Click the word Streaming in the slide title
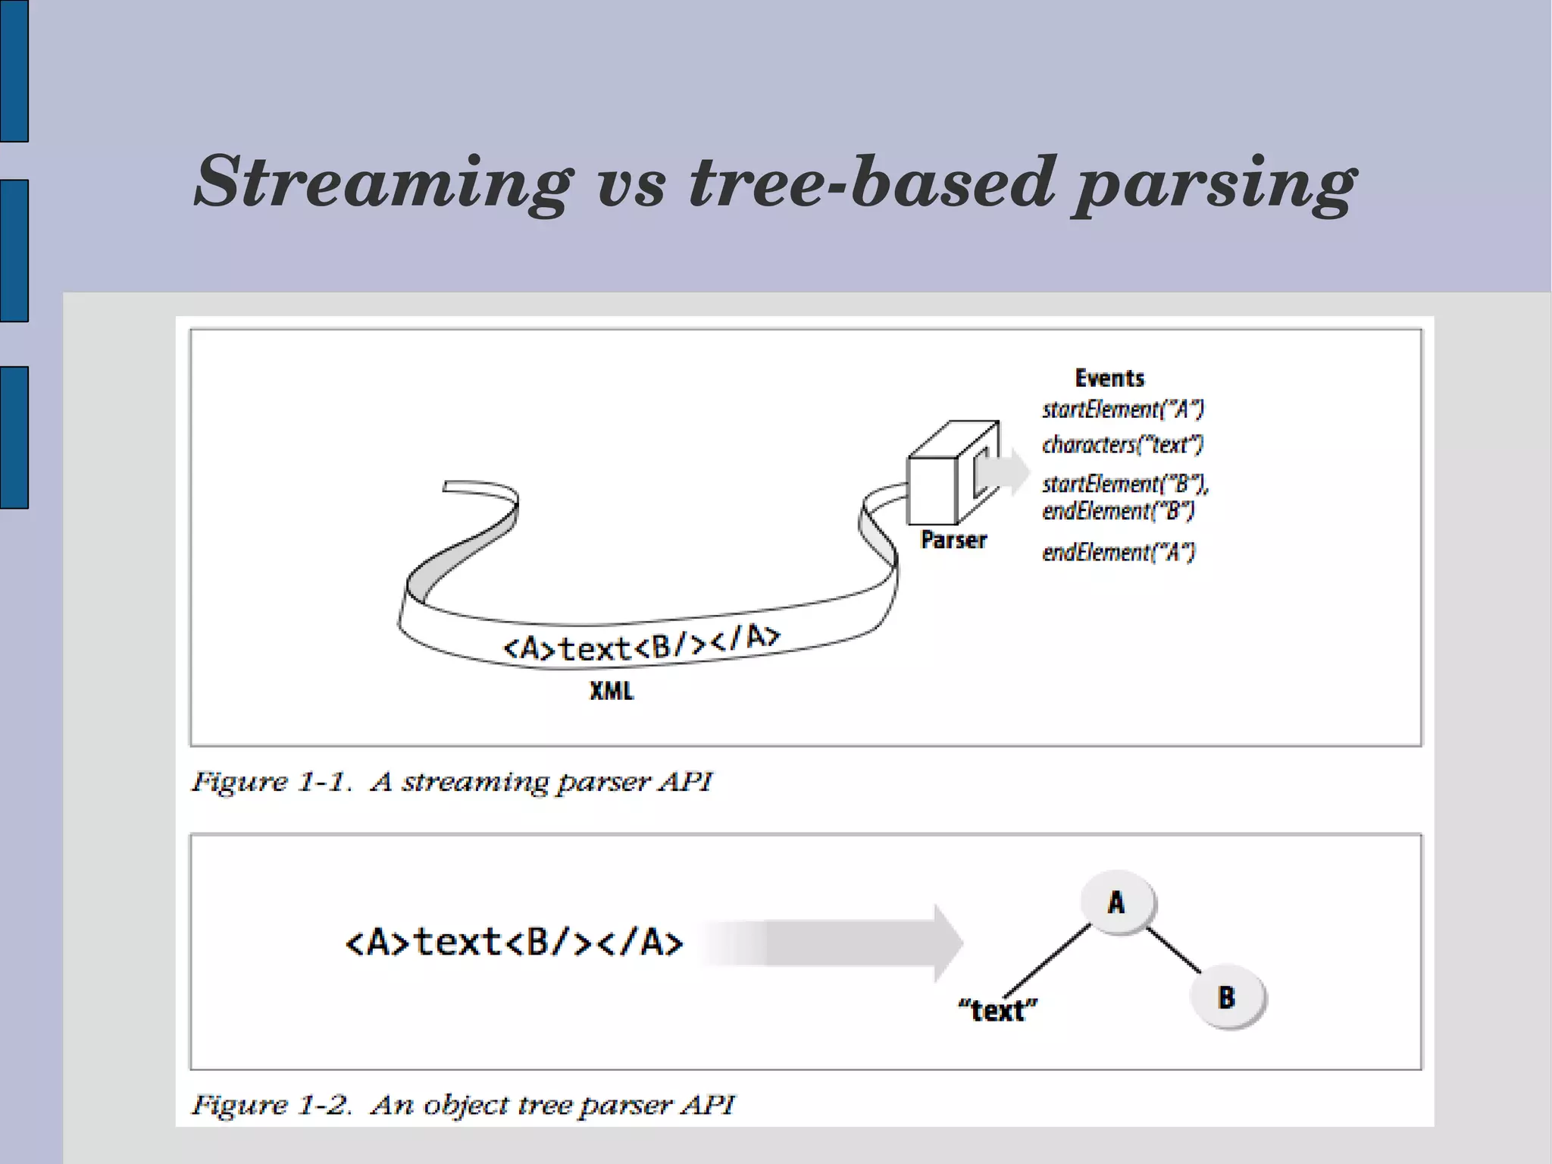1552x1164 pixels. click(383, 182)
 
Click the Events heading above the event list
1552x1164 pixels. click(1109, 378)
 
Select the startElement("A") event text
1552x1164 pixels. click(1122, 409)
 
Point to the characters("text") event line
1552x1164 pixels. click(1122, 444)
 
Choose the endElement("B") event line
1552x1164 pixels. click(1119, 511)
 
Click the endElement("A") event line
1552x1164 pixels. click(1119, 552)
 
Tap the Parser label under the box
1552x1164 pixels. click(953, 540)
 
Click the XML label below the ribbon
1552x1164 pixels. click(612, 691)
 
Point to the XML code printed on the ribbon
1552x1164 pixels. click(640, 645)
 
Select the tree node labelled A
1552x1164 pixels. click(1116, 902)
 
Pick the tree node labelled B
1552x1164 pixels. click(1227, 997)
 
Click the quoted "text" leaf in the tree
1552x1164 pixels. click(997, 1010)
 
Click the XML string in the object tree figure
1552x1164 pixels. click(514, 943)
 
